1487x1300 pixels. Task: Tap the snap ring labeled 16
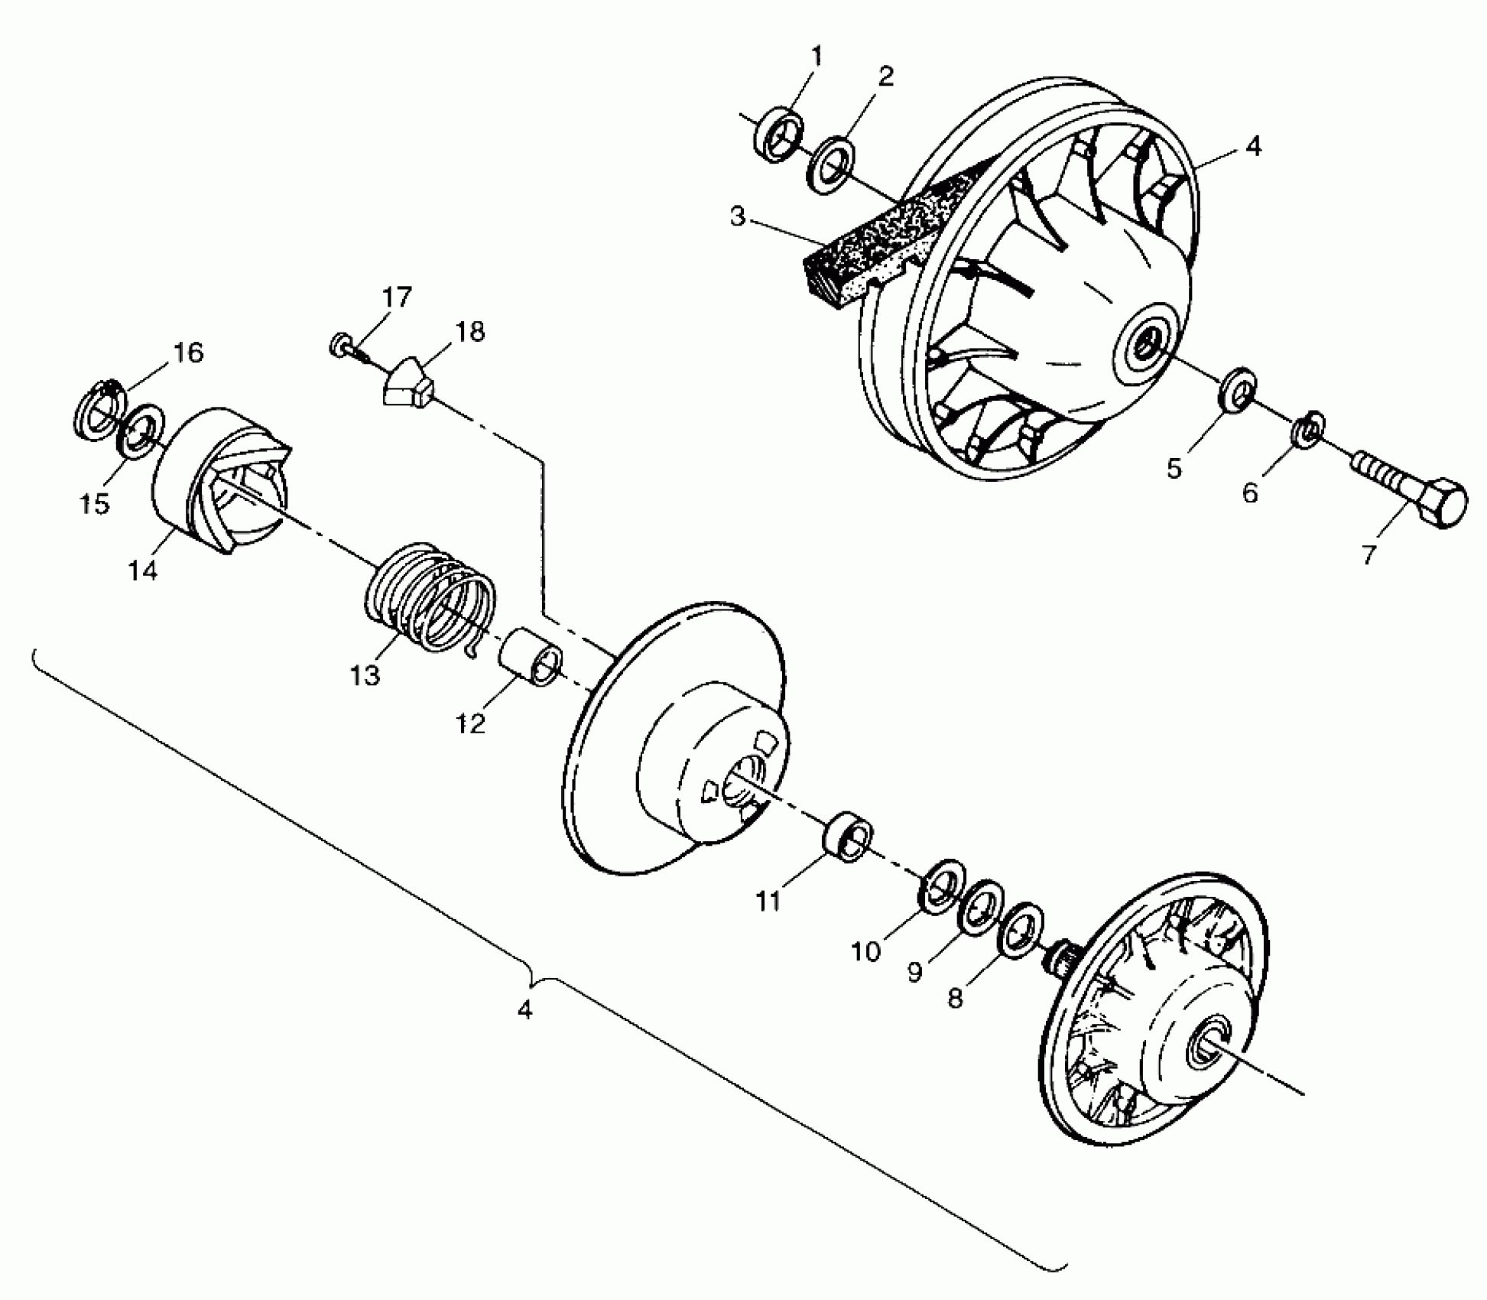[99, 409]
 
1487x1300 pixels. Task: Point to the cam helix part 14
[222, 479]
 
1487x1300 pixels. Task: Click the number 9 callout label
[915, 972]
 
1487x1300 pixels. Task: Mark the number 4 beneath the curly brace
[524, 1009]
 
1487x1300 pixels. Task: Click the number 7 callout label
[1369, 554]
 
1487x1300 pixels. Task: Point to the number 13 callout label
[365, 675]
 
